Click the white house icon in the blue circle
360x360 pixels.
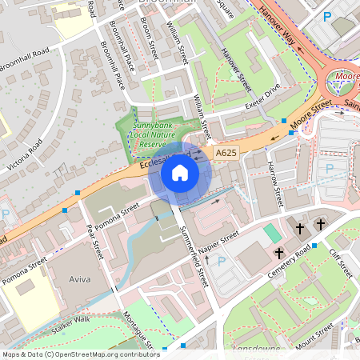[180, 172]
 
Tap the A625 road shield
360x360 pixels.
[225, 151]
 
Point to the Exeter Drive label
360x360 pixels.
[264, 98]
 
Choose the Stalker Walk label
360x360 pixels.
[70, 323]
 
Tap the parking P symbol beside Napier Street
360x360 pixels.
[222, 261]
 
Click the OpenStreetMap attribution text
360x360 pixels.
[81, 354]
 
